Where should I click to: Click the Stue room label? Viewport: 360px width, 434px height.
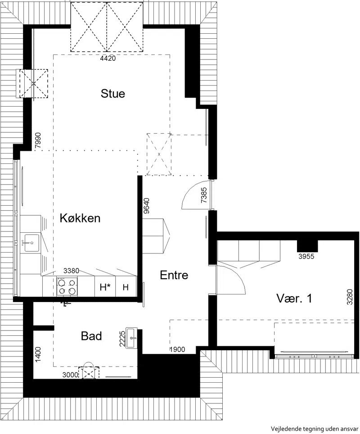click(x=112, y=94)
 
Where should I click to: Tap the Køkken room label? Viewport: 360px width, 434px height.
click(x=80, y=218)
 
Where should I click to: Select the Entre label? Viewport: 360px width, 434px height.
click(x=174, y=275)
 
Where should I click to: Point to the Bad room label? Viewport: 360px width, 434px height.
click(x=91, y=336)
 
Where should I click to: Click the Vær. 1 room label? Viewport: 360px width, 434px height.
click(x=294, y=298)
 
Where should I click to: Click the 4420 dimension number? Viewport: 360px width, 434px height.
click(x=108, y=59)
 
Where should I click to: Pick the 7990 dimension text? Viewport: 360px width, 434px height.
click(x=38, y=140)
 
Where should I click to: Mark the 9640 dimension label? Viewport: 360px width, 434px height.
click(x=146, y=206)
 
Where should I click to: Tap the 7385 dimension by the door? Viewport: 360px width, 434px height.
click(x=204, y=195)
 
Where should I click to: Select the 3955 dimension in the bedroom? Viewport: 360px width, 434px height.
click(x=306, y=256)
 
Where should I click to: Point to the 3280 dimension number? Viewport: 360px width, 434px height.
click(x=350, y=297)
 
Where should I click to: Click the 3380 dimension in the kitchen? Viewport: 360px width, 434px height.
click(x=71, y=271)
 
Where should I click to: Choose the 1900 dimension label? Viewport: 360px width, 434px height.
click(x=177, y=349)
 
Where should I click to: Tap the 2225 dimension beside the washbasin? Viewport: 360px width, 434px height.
click(x=122, y=339)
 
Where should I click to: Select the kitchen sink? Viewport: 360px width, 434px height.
click(x=31, y=243)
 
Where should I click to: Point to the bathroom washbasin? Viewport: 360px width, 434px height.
click(x=131, y=338)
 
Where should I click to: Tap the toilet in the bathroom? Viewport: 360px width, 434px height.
click(x=89, y=371)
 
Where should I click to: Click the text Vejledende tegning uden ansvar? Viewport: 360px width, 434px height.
click(x=315, y=429)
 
